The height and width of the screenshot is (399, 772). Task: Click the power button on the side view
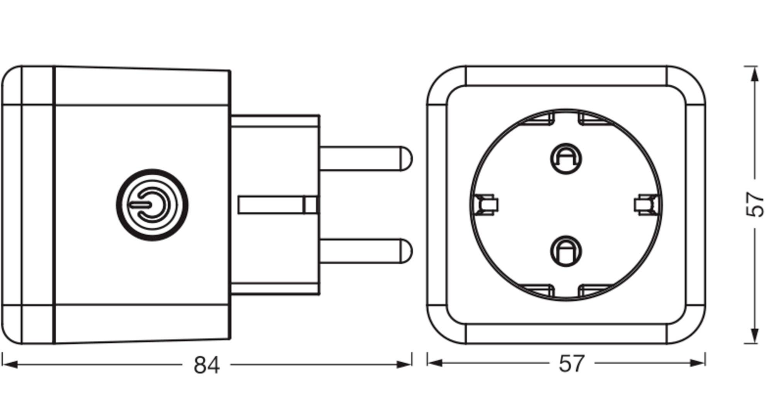pyautogui.click(x=152, y=205)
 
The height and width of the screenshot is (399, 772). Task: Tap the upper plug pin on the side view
pyautogui.click(x=363, y=158)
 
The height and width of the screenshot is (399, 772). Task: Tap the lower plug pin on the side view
pyautogui.click(x=363, y=251)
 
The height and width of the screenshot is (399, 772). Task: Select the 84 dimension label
pyautogui.click(x=207, y=365)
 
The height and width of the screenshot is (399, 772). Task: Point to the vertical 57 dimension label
pyautogui.click(x=755, y=205)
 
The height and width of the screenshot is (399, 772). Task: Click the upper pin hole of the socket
pyautogui.click(x=566, y=159)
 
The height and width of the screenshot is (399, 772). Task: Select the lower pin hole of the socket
pyautogui.click(x=566, y=251)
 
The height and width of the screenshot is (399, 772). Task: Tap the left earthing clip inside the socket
pyautogui.click(x=487, y=205)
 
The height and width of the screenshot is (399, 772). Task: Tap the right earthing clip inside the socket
pyautogui.click(x=646, y=205)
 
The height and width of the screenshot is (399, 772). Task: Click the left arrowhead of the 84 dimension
pyautogui.click(x=9, y=364)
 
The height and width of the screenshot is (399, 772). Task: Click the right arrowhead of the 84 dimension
pyautogui.click(x=405, y=364)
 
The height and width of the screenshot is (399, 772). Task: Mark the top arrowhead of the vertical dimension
pyautogui.click(x=755, y=73)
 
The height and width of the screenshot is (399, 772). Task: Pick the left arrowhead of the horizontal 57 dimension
pyautogui.click(x=435, y=363)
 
